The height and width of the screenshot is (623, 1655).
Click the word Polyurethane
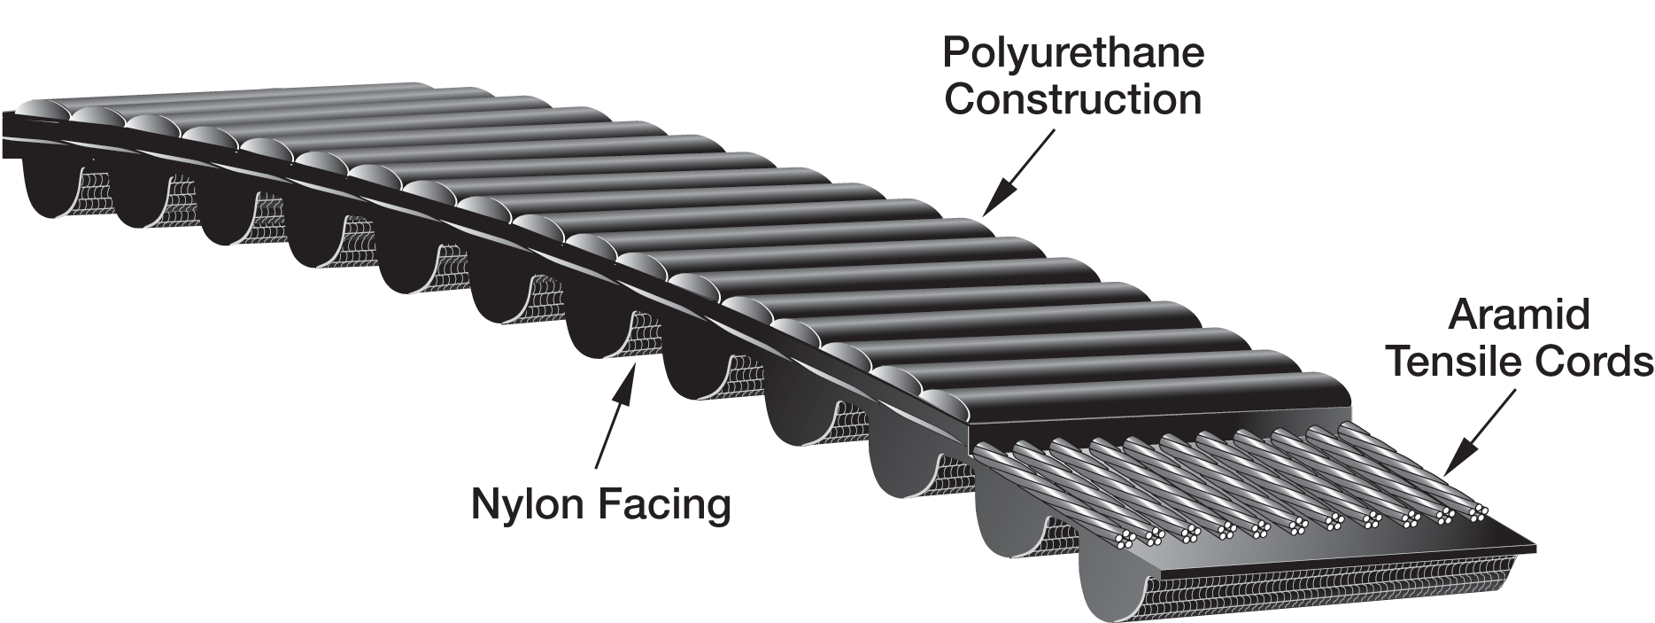tap(1073, 53)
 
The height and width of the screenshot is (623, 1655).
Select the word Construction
tap(1073, 99)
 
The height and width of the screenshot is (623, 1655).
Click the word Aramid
tap(1519, 316)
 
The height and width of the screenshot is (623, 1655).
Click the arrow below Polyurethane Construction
tap(1018, 172)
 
